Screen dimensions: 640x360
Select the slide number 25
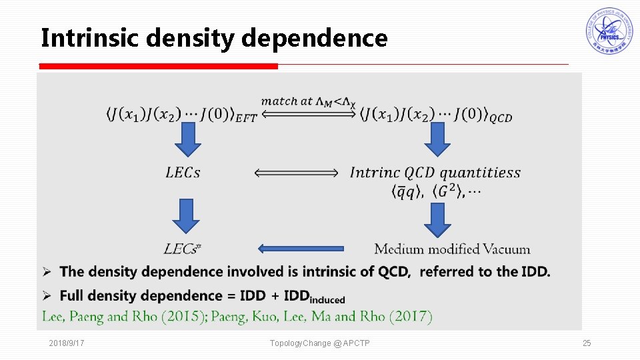click(587, 343)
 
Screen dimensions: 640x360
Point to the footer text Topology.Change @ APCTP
click(320, 343)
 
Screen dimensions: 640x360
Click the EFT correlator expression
click(181, 115)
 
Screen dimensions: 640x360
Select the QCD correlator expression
click(437, 115)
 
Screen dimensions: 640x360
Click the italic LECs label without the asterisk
click(183, 173)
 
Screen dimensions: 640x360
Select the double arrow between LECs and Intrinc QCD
click(297, 173)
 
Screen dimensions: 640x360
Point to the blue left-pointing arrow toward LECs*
click(301, 249)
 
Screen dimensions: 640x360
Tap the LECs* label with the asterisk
click(183, 249)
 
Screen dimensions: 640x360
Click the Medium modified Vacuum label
click(452, 249)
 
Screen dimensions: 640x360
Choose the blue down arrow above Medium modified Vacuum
click(437, 219)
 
